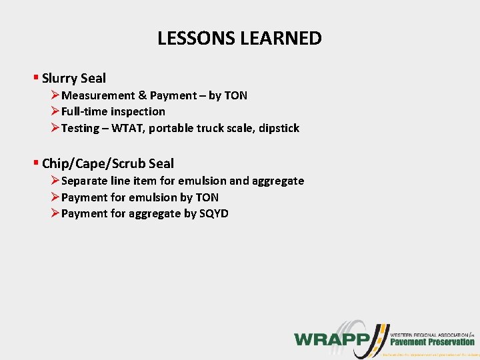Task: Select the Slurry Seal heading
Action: [73, 79]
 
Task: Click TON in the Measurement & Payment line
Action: [235, 95]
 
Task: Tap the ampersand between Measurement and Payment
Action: [141, 95]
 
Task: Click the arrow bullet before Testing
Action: [55, 128]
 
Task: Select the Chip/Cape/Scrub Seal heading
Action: [107, 163]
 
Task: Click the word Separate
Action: [85, 181]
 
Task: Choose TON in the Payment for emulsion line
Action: [207, 197]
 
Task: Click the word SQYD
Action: [214, 213]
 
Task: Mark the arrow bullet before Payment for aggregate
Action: [55, 213]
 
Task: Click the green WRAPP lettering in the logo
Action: [331, 339]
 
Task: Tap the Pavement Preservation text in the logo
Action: [432, 342]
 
